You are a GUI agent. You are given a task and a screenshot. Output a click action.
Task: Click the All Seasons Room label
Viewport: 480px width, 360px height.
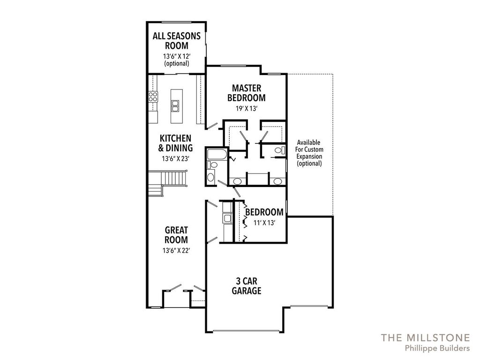177,41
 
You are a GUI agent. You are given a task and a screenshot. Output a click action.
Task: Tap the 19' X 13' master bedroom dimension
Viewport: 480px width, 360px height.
246,108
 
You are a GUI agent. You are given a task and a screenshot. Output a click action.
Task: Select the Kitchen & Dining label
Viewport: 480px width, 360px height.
176,143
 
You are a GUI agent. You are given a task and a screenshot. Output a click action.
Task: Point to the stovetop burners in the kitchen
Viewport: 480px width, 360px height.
153,97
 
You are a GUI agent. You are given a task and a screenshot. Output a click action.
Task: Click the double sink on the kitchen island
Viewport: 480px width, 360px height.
176,105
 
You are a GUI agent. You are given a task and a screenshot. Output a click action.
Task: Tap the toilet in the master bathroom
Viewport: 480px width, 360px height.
279,150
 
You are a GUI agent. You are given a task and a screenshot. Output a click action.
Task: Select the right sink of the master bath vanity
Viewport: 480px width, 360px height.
277,181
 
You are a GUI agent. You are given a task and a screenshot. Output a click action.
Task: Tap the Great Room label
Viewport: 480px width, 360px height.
176,235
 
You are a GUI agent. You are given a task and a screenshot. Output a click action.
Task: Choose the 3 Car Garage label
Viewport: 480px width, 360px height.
247,286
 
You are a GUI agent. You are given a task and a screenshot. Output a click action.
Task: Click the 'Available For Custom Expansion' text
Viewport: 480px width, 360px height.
309,153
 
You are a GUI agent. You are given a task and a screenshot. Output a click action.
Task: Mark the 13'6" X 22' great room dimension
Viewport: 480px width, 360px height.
176,251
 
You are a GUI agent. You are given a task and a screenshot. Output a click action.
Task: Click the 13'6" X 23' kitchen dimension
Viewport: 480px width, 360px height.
176,158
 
